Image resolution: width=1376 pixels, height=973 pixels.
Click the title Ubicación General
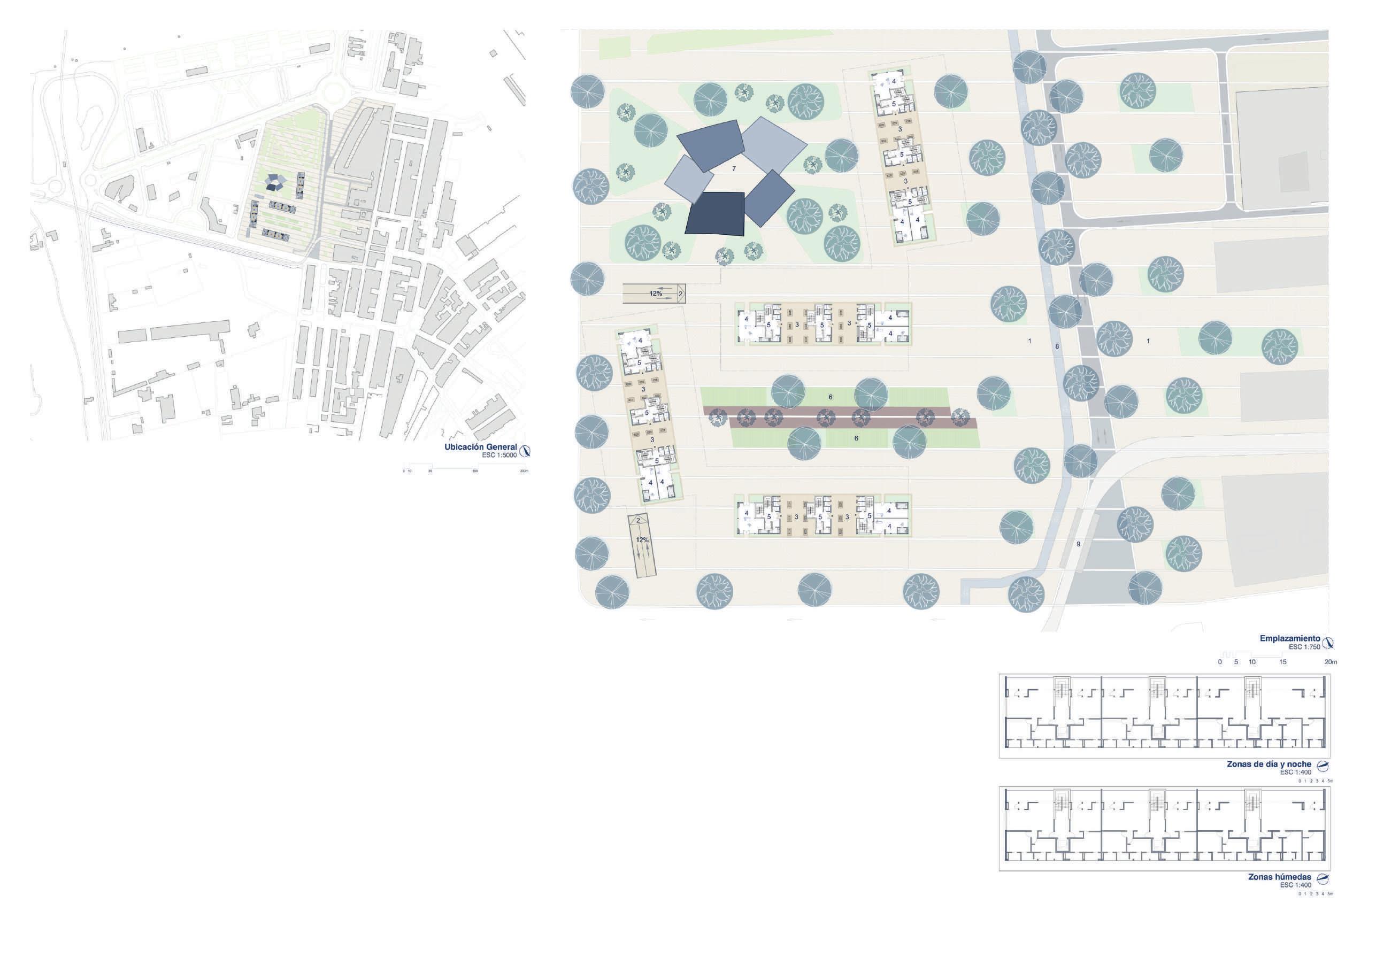(480, 447)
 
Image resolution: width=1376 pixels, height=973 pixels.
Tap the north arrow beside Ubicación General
(526, 451)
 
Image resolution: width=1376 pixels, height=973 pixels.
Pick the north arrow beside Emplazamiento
(1328, 643)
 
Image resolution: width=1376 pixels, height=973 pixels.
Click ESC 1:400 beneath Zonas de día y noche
(1295, 773)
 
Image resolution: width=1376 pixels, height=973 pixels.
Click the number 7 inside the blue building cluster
(734, 169)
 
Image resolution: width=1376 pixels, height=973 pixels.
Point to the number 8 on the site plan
(1057, 346)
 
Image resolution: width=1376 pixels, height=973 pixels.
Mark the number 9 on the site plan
(1078, 544)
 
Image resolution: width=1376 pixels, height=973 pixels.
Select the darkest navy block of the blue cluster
(716, 213)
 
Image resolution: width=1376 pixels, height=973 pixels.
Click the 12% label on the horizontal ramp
(655, 294)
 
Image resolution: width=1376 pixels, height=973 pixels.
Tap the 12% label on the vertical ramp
(642, 540)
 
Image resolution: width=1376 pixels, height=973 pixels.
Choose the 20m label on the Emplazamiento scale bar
(1330, 662)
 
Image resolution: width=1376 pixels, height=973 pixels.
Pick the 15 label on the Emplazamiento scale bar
(1282, 662)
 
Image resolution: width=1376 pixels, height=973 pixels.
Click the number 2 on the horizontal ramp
(680, 294)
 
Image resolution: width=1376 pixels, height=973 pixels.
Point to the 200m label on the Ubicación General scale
(524, 472)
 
